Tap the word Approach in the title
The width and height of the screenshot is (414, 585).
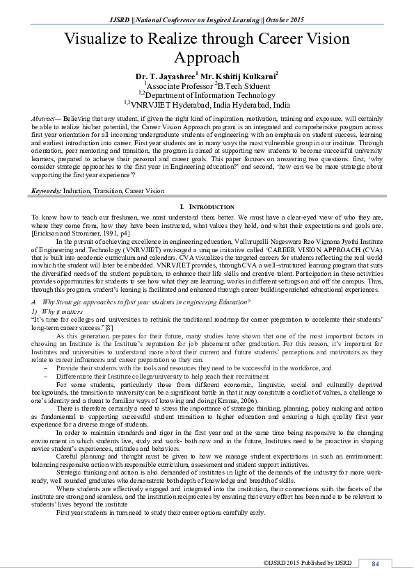coord(207,57)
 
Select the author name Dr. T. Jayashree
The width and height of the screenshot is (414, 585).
coord(165,74)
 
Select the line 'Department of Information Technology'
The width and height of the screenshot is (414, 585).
coord(209,95)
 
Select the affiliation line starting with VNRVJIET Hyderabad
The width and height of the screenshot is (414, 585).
coord(209,105)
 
